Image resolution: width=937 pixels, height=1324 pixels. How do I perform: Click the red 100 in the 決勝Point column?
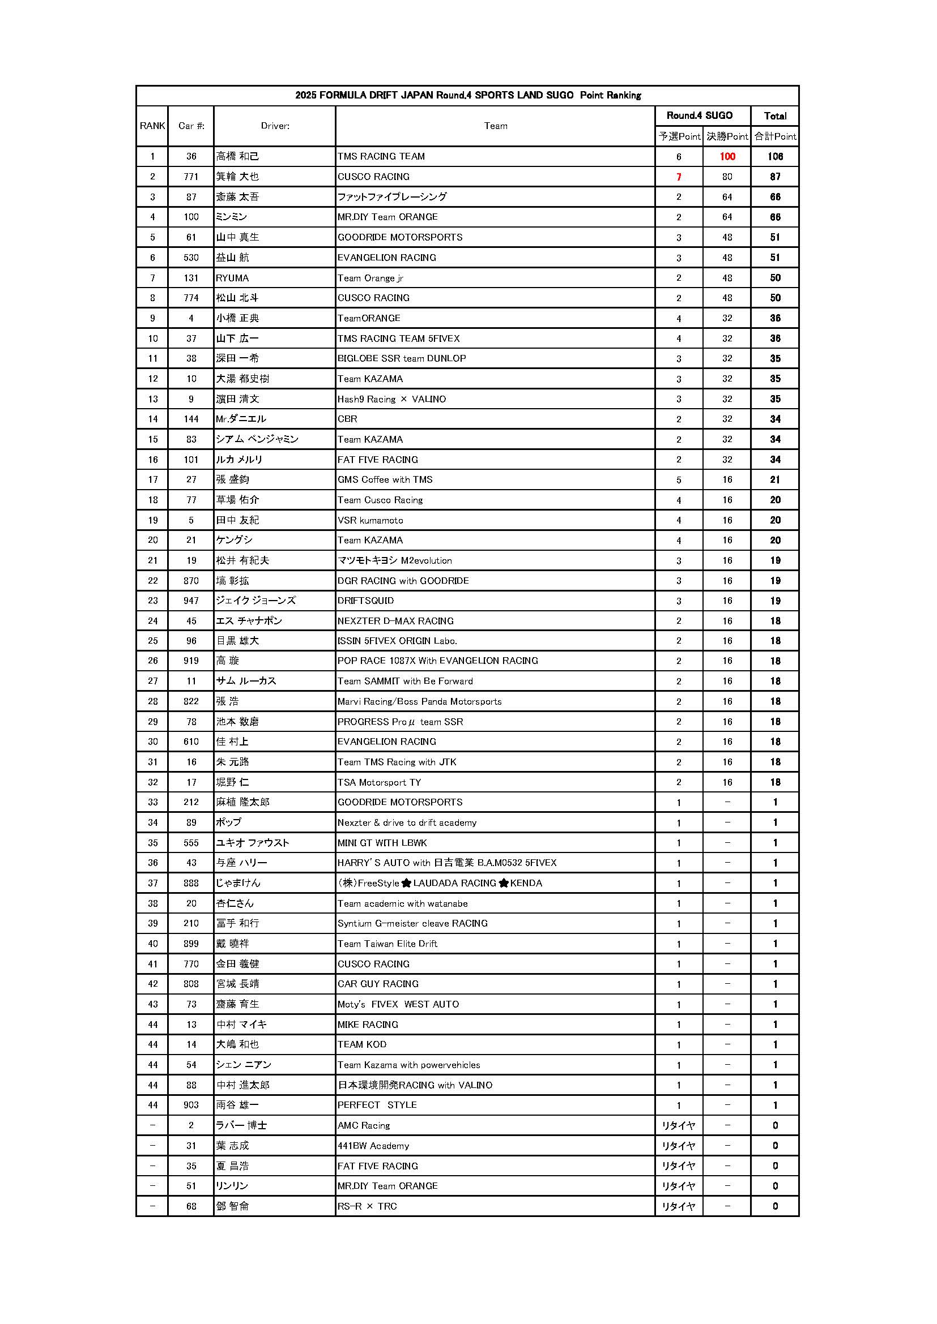coord(727,156)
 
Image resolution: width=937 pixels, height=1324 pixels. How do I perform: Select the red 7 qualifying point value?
coord(679,177)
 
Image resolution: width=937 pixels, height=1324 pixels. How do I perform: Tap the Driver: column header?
coord(275,126)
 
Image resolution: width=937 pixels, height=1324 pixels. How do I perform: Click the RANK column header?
coord(152,126)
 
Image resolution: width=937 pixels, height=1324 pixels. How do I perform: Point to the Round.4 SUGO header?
coord(699,115)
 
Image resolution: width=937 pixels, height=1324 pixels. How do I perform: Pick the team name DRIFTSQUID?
coord(366,600)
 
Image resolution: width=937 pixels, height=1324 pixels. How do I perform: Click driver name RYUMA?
coord(232,278)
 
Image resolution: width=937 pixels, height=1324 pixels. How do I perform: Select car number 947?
coord(191,600)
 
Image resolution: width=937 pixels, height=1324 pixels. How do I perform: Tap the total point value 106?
coord(775,156)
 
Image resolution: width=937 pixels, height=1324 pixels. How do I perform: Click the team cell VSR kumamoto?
coord(370,520)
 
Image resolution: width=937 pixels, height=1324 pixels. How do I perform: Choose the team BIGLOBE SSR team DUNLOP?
coord(402,358)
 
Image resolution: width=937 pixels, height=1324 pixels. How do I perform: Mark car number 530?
coord(191,258)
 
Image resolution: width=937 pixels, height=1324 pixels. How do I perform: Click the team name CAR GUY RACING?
coord(378,984)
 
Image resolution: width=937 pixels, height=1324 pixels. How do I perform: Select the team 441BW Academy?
coord(373,1145)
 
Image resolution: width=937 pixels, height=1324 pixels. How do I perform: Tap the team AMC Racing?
coord(364,1125)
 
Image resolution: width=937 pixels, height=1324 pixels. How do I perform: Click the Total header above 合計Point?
coord(775,116)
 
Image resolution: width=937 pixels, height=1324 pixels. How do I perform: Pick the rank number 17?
coord(152,479)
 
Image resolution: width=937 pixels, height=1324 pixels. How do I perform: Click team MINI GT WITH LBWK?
coord(382,842)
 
